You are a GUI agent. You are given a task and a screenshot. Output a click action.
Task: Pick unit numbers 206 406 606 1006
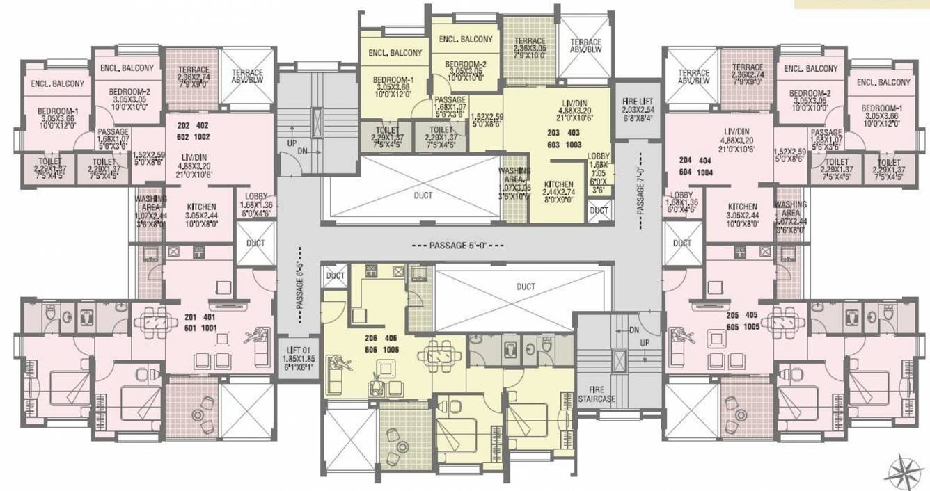tap(381, 346)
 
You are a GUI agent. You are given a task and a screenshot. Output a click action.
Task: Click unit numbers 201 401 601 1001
tap(201, 325)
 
